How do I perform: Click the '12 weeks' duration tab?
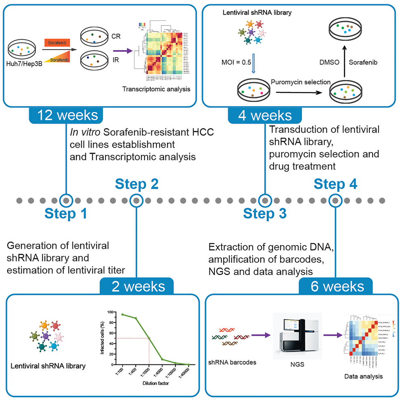(67, 116)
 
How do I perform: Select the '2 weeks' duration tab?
(137, 286)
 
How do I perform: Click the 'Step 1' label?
(66, 214)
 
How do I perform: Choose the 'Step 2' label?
(137, 184)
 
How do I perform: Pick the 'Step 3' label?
(265, 214)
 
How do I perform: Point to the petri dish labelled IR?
(95, 61)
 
